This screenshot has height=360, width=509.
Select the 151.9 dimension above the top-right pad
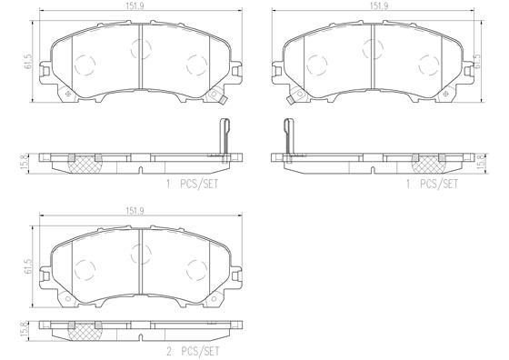pos(374,5)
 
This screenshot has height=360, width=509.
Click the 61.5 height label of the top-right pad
pos(477,61)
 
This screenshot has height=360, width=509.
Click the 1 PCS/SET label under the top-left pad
pos(192,182)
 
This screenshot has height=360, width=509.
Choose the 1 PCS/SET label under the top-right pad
pos(434,182)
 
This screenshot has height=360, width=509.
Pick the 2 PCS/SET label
pos(192,349)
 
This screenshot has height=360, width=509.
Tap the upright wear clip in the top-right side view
pos(288,137)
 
